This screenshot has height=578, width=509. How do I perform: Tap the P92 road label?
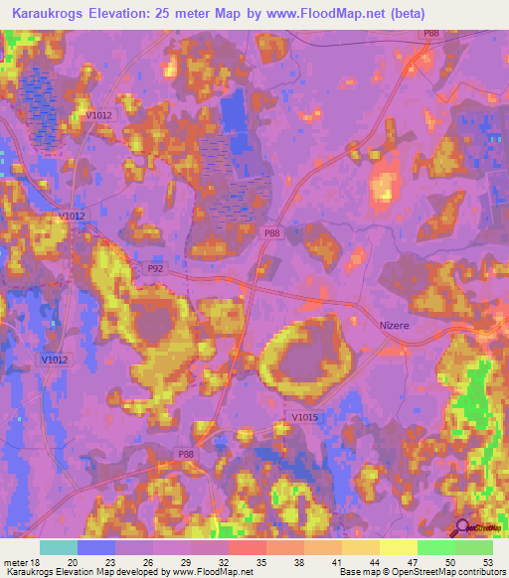pos(155,268)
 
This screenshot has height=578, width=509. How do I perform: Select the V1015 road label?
pos(304,418)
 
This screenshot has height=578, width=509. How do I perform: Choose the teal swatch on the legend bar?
pos(59,547)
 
